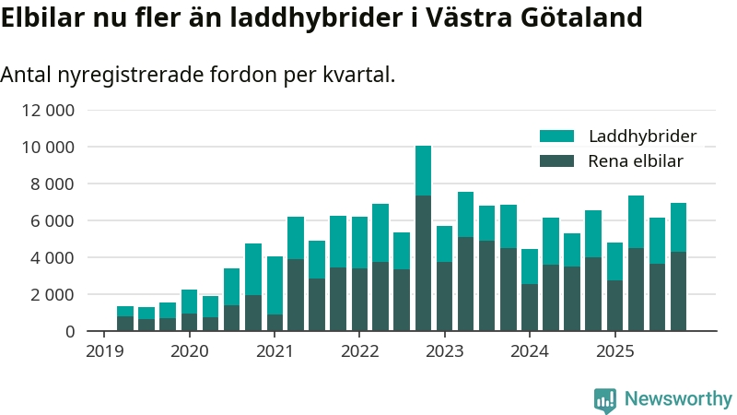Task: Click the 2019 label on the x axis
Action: click(104, 351)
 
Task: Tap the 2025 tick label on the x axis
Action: click(614, 351)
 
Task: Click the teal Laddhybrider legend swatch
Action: click(556, 136)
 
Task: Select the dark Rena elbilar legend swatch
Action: click(556, 161)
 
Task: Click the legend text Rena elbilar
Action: click(636, 162)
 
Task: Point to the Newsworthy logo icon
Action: click(605, 399)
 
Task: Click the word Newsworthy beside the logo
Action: click(678, 399)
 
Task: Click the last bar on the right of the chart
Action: click(678, 267)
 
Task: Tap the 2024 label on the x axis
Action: click(530, 351)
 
